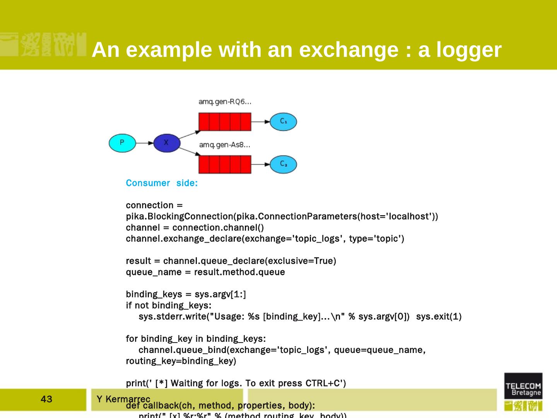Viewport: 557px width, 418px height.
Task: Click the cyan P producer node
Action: pyautogui.click(x=122, y=143)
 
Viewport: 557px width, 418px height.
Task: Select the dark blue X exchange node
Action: pyautogui.click(x=167, y=143)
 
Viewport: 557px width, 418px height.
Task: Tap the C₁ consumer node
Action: pyautogui.click(x=283, y=122)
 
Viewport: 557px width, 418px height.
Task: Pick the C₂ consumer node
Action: pyautogui.click(x=283, y=164)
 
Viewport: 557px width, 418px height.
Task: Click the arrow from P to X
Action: pyautogui.click(x=145, y=143)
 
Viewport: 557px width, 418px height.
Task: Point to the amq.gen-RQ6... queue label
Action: pyautogui.click(x=225, y=102)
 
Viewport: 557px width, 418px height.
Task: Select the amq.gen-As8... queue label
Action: pyautogui.click(x=224, y=145)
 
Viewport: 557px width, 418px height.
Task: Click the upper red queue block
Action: pyautogui.click(x=225, y=122)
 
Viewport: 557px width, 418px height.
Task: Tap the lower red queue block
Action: pyautogui.click(x=225, y=164)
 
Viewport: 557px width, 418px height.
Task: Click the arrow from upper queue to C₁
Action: pyautogui.click(x=260, y=122)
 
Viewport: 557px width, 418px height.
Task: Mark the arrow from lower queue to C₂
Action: pyautogui.click(x=260, y=164)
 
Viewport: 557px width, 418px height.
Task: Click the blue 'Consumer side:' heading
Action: pyautogui.click(x=162, y=183)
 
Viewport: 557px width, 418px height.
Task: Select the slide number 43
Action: pyautogui.click(x=46, y=399)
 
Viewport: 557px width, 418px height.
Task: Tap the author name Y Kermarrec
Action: pyautogui.click(x=123, y=399)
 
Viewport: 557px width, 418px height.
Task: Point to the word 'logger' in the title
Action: pyautogui.click(x=469, y=50)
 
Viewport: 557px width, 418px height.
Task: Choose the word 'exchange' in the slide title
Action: pyautogui.click(x=349, y=50)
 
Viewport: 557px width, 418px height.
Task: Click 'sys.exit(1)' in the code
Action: pyautogui.click(x=439, y=317)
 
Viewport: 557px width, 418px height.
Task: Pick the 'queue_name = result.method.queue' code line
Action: pyautogui.click(x=205, y=272)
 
